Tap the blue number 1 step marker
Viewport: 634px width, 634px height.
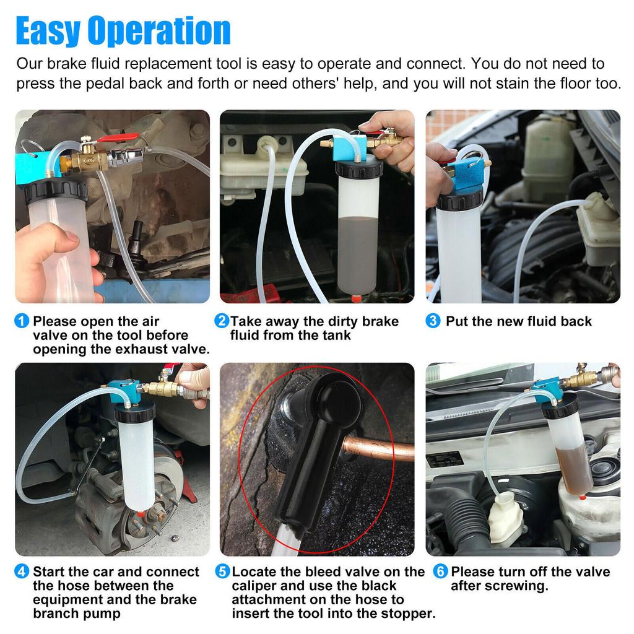pos(22,321)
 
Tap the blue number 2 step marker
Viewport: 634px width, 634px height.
pos(222,321)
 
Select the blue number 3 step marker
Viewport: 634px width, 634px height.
pos(433,321)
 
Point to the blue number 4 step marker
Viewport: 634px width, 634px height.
pos(22,571)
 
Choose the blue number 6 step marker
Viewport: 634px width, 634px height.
pos(440,571)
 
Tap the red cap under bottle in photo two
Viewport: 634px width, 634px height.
pos(356,298)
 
